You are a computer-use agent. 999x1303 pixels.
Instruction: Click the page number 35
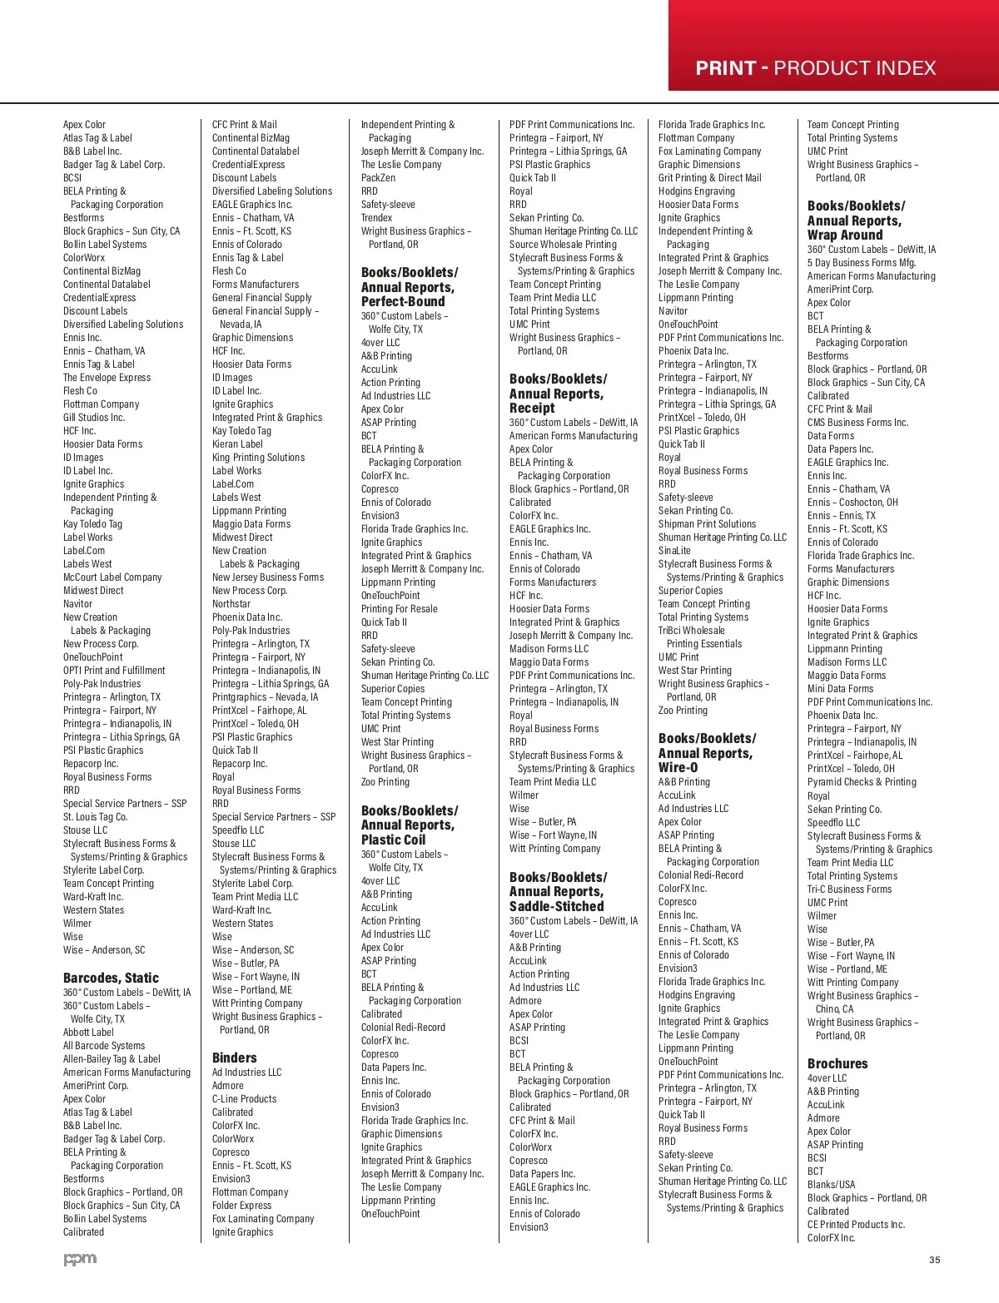click(934, 1260)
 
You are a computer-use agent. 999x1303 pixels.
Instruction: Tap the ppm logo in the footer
click(80, 1259)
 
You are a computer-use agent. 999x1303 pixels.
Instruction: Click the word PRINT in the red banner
click(725, 68)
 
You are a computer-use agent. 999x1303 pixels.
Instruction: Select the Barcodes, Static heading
click(111, 978)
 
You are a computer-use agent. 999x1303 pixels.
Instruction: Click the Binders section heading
click(234, 1058)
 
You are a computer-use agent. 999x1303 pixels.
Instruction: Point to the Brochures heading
click(837, 1063)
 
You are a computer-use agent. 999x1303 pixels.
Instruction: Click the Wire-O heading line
click(678, 767)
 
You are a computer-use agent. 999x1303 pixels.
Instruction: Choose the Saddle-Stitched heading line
click(556, 906)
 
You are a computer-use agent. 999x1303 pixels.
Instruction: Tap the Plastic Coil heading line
click(393, 840)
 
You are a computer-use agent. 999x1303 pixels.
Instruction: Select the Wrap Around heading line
click(844, 235)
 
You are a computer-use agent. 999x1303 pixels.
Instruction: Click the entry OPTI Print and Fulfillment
click(114, 670)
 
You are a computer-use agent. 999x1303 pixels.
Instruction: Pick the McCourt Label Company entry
click(112, 577)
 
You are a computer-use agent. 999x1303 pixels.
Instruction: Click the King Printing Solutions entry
click(258, 457)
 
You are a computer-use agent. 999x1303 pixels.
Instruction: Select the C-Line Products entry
click(244, 1098)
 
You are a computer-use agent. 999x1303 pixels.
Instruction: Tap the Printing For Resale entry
click(399, 608)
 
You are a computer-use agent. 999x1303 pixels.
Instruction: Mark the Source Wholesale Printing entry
click(563, 244)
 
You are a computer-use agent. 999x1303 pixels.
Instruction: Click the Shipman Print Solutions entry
click(707, 523)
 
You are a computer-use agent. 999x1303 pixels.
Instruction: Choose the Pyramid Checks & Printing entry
click(862, 781)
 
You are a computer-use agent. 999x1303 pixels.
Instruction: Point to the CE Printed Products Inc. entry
click(856, 1224)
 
